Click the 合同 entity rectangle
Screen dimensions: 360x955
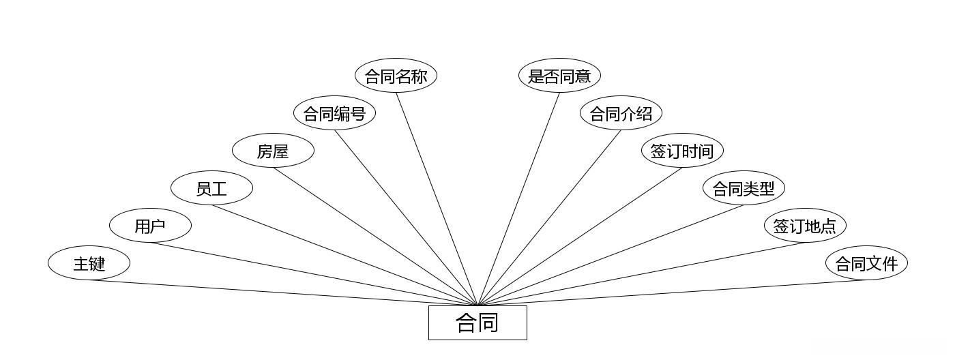tap(477, 322)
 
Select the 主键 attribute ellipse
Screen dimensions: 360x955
tap(89, 263)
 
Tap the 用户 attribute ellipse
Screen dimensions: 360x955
tap(150, 226)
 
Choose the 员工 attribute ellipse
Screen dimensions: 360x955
tap(211, 188)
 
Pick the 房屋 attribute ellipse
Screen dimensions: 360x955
tap(273, 151)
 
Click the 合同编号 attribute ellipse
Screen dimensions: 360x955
tap(334, 113)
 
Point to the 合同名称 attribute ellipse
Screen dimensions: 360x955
tap(396, 76)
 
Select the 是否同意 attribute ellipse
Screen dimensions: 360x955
tap(559, 76)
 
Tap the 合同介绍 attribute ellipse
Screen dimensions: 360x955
tap(621, 113)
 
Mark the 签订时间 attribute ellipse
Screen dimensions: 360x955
tap(682, 151)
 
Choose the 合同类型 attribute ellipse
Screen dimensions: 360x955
tap(744, 188)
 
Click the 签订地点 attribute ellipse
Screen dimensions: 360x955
tap(805, 226)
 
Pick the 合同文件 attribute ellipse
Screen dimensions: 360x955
tap(866, 263)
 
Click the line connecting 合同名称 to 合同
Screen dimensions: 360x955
tap(437, 199)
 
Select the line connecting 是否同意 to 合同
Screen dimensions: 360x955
tap(518, 199)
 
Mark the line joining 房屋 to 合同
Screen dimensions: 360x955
tap(375, 237)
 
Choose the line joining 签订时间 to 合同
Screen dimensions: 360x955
tap(580, 237)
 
